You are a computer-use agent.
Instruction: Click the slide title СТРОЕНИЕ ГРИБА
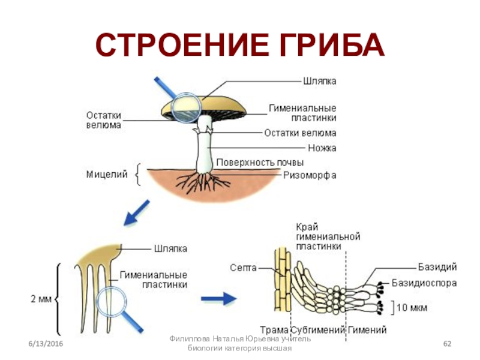(240, 45)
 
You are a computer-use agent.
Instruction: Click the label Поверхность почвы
(260, 163)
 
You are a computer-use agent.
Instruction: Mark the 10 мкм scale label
(412, 308)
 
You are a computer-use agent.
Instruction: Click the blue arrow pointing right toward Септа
(217, 298)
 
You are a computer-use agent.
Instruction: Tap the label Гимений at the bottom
(368, 330)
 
